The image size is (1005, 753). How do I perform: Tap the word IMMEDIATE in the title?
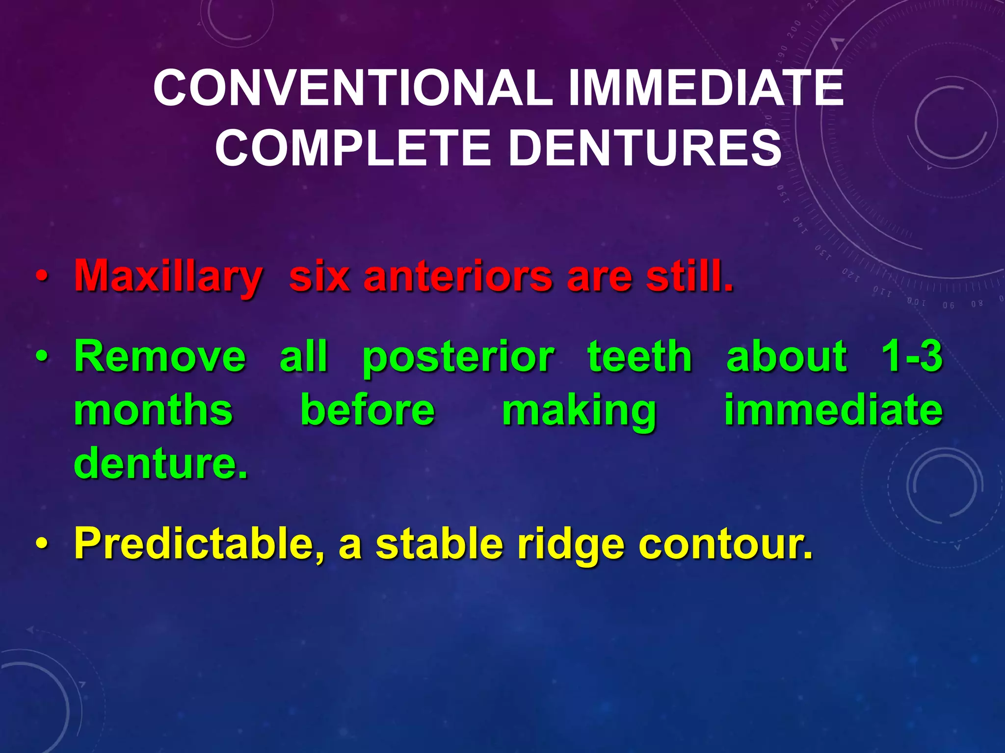[x=706, y=88]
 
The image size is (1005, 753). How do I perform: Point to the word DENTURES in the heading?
[x=644, y=148]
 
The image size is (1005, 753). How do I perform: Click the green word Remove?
[x=159, y=356]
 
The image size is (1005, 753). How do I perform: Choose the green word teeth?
[x=640, y=356]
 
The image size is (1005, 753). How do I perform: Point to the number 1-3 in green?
[x=912, y=356]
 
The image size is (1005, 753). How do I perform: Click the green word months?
[x=153, y=410]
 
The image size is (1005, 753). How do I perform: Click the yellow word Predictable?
[x=199, y=544]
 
